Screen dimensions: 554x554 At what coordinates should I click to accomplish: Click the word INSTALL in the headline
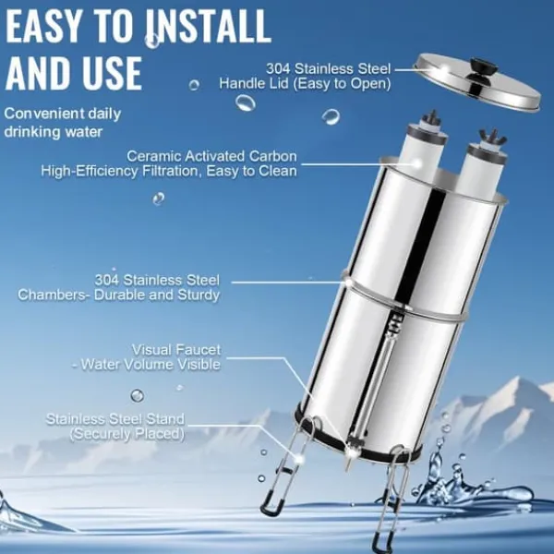[x=209, y=26]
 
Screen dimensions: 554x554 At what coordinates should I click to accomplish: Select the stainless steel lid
[x=476, y=81]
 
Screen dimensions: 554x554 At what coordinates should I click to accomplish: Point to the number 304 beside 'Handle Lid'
[x=278, y=68]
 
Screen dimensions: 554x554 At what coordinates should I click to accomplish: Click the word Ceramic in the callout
[x=153, y=156]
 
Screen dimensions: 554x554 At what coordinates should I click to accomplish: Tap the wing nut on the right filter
[x=492, y=137]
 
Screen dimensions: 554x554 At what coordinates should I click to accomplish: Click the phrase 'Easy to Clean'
[x=251, y=171]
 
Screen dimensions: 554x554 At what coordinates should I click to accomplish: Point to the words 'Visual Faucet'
[x=176, y=350]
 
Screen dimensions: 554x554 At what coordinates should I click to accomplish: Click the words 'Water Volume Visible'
[x=151, y=365]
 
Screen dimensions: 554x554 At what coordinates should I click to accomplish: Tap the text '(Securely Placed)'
[x=127, y=434]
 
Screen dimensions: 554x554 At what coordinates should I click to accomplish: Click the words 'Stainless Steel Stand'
[x=115, y=419]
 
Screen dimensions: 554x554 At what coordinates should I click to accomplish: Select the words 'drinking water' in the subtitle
[x=54, y=132]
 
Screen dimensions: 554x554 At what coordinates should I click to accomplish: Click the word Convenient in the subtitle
[x=43, y=114]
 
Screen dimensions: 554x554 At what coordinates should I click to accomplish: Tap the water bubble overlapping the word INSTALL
[x=152, y=41]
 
